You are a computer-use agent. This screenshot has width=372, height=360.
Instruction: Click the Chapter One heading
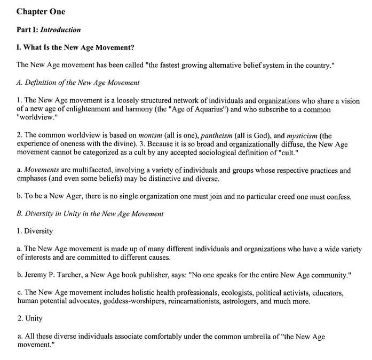coord(41,11)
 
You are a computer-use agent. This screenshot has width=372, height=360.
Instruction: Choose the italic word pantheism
coord(216,135)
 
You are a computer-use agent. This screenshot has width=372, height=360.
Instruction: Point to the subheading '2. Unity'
coord(30,319)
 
